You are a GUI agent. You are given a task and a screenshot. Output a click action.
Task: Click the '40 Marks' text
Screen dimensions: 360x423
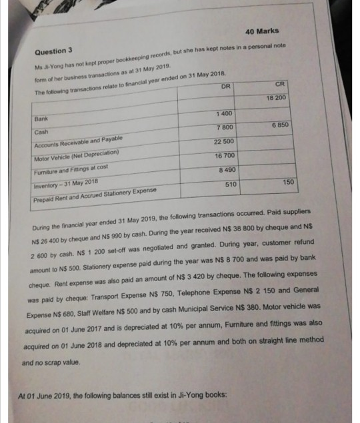[x=262, y=31]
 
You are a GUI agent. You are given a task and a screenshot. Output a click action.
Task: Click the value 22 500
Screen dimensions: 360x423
[x=223, y=141]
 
